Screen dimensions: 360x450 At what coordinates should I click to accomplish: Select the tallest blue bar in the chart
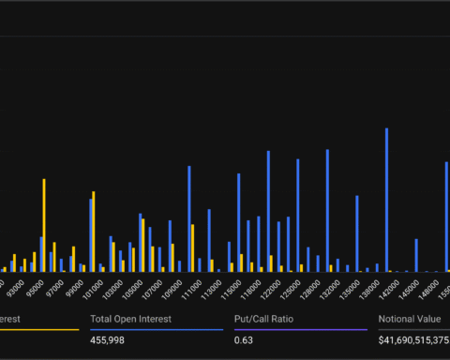click(x=386, y=200)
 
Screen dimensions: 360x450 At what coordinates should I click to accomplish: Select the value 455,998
click(x=109, y=339)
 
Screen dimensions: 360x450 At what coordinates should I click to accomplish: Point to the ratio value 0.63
click(x=243, y=339)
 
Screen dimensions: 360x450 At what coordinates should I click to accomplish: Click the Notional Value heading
click(x=410, y=319)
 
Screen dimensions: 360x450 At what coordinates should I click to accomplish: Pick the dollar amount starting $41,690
click(x=413, y=339)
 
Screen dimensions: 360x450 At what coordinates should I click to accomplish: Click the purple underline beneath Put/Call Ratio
click(x=300, y=329)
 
